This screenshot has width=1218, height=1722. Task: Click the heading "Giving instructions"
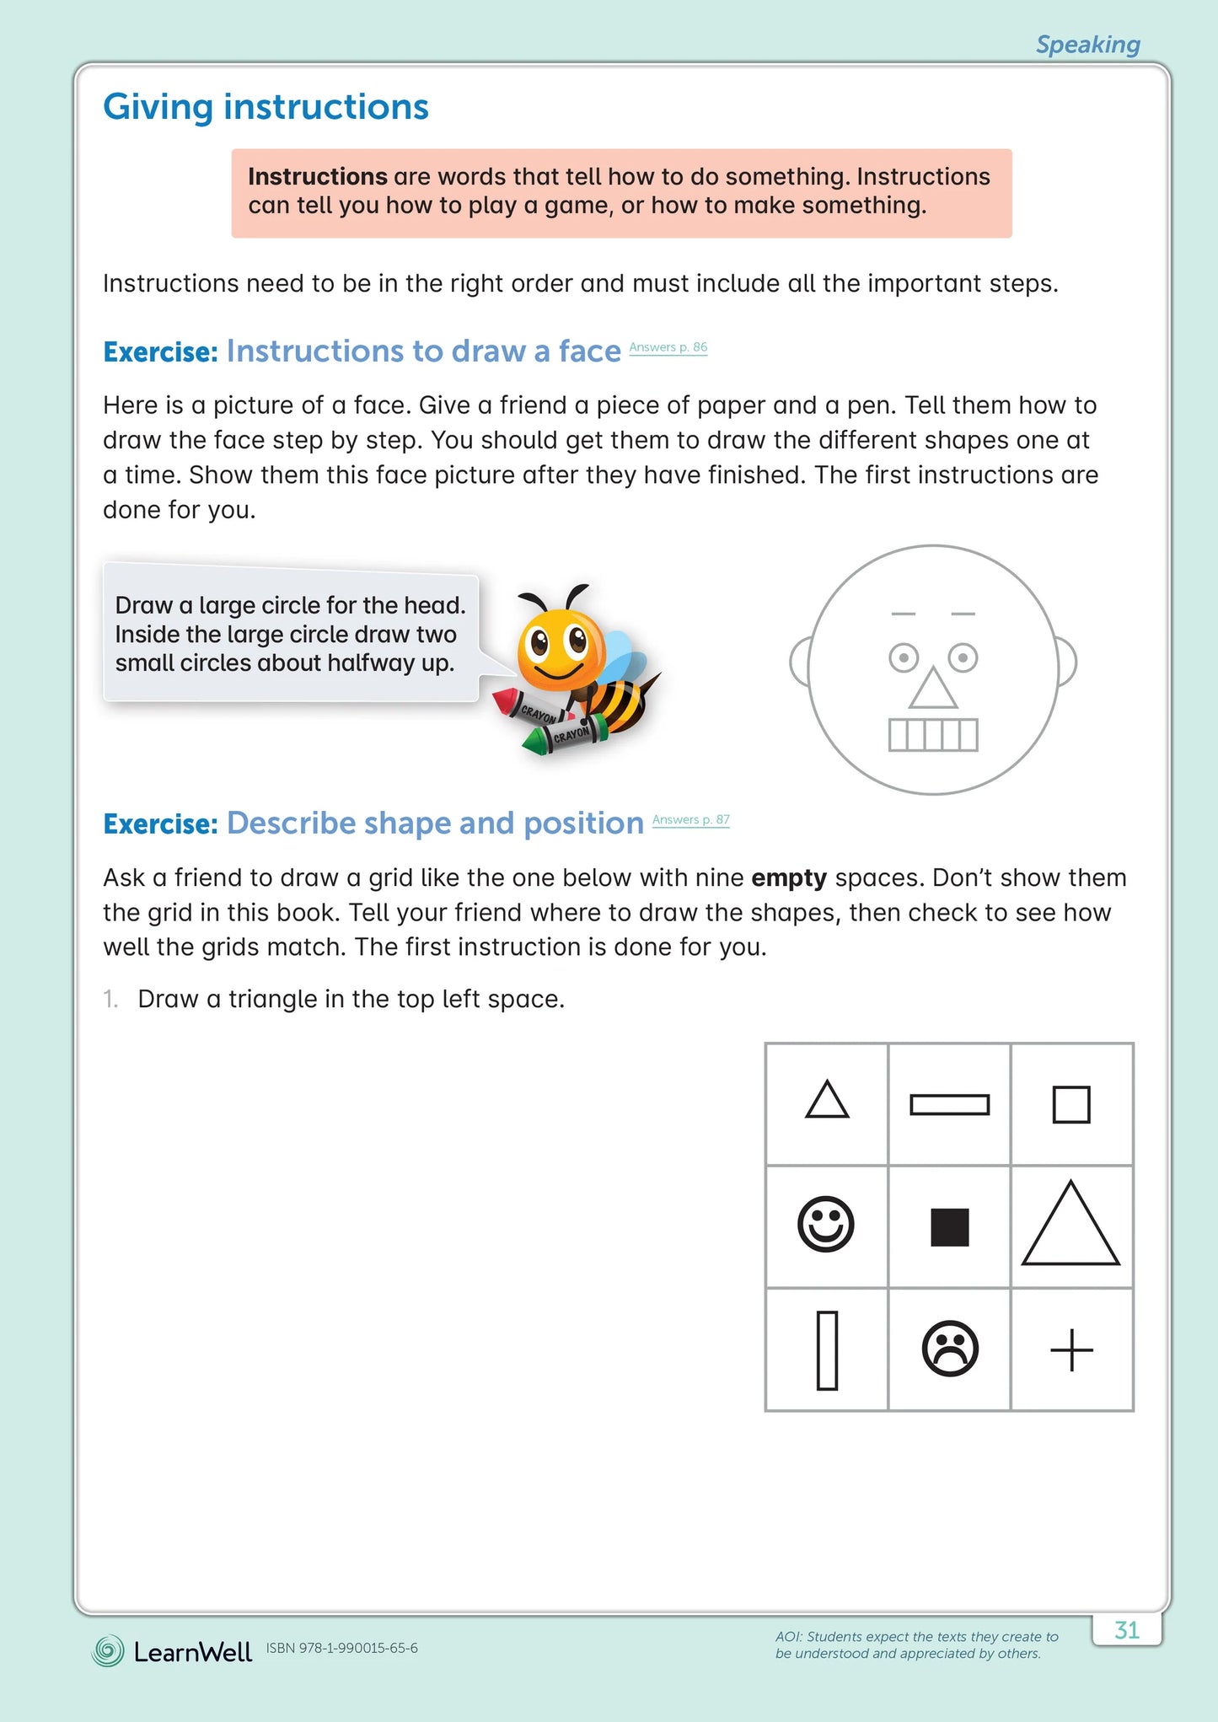[266, 107]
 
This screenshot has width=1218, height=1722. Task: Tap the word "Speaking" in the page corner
[1087, 45]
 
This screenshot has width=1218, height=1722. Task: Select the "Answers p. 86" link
[668, 347]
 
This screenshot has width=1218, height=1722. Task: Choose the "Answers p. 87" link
[690, 819]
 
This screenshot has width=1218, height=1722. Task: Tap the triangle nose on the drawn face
[932, 689]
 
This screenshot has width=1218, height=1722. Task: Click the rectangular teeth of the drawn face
[933, 734]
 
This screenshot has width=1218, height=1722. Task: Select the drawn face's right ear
[1066, 662]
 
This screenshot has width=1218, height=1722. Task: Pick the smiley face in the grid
[826, 1224]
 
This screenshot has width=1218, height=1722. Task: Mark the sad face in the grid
[950, 1348]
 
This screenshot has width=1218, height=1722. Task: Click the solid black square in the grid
[950, 1226]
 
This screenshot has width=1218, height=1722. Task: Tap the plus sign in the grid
[1071, 1349]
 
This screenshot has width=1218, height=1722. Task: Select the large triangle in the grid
[1070, 1226]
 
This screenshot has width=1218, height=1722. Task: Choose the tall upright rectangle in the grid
[827, 1349]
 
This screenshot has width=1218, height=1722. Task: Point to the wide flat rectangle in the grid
[949, 1104]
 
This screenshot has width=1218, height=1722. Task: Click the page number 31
[1126, 1629]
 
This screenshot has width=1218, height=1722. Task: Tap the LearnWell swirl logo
[108, 1651]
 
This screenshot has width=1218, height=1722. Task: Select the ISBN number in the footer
[341, 1648]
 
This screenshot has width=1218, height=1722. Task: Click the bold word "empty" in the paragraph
[788, 878]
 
